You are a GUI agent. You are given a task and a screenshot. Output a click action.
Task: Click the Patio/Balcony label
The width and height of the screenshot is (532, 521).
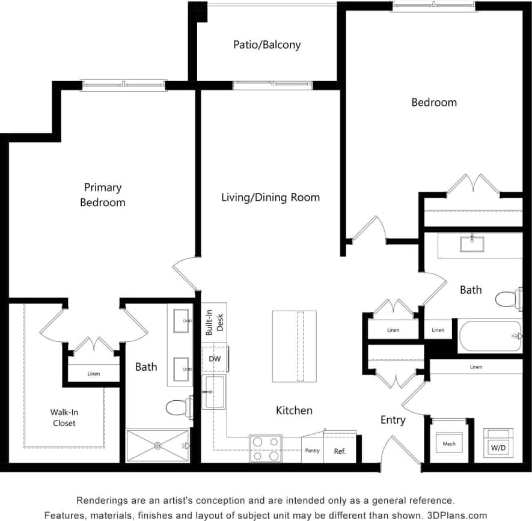pyautogui.click(x=267, y=44)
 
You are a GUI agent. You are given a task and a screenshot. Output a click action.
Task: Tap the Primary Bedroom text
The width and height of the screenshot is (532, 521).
pyautogui.click(x=103, y=195)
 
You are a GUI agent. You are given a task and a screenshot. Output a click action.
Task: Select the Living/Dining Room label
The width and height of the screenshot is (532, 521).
pyautogui.click(x=271, y=197)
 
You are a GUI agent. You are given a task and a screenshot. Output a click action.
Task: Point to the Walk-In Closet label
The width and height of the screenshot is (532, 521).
pyautogui.click(x=63, y=418)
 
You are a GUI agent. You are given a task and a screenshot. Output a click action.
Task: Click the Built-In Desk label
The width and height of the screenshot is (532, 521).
pyautogui.click(x=214, y=323)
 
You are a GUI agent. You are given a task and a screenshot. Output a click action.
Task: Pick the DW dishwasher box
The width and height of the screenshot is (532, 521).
pyautogui.click(x=214, y=359)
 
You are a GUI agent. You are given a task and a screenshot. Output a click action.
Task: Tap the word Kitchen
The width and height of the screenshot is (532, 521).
pyautogui.click(x=294, y=410)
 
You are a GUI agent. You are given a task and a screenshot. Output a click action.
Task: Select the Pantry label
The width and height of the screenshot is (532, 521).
pyautogui.click(x=312, y=451)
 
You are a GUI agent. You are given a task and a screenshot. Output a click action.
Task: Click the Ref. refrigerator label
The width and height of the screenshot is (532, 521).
pyautogui.click(x=340, y=451)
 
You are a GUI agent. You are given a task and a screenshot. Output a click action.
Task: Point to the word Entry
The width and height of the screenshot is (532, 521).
pyautogui.click(x=393, y=420)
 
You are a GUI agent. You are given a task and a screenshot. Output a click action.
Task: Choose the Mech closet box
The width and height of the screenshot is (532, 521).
pyautogui.click(x=449, y=444)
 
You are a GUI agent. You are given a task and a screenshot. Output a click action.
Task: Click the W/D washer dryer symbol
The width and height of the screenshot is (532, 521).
pyautogui.click(x=498, y=444)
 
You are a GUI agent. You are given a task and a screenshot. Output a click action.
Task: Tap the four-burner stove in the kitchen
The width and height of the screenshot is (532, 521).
pyautogui.click(x=266, y=449)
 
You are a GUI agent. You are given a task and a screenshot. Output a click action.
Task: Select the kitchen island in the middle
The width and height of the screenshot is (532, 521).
pyautogui.click(x=294, y=346)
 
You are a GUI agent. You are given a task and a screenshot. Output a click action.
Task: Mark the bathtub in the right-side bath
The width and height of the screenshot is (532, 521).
pyautogui.click(x=489, y=337)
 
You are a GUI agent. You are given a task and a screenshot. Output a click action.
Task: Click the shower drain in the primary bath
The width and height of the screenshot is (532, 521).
pyautogui.click(x=157, y=445)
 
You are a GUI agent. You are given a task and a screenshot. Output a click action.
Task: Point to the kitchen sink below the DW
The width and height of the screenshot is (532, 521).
pyautogui.click(x=214, y=391)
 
